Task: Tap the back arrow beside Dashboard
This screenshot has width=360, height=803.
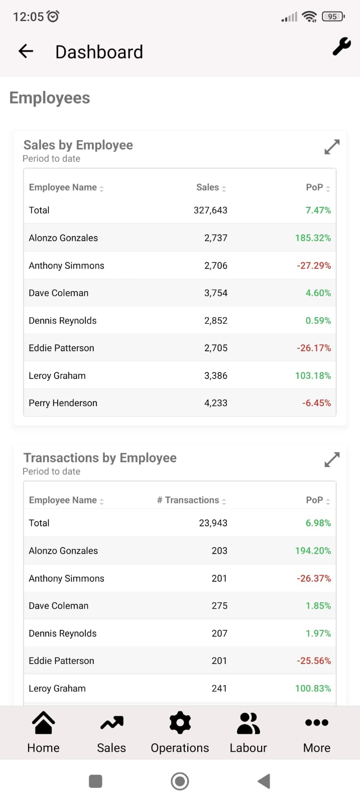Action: coord(26,51)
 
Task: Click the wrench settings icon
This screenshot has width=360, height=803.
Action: coord(341,47)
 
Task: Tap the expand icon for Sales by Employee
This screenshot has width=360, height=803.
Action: coord(332,147)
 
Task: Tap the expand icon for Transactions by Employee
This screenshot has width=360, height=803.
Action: coord(332,460)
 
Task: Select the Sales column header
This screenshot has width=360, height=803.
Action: coord(207,187)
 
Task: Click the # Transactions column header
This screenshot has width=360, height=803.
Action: coord(188,500)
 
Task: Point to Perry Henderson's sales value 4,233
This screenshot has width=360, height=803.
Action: coord(216,403)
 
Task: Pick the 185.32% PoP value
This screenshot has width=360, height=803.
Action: coord(313,238)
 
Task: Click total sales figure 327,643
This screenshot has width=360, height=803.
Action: coord(210,210)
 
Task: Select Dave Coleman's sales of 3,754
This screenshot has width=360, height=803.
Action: coord(216,293)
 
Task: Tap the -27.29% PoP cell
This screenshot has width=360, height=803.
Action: coord(314,265)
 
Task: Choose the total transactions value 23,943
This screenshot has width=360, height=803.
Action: coord(213,523)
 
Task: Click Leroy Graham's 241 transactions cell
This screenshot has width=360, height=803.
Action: coord(219,688)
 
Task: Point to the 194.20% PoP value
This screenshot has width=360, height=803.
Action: coord(313,551)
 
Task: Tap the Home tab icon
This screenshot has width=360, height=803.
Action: coord(43,722)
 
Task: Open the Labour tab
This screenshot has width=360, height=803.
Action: coord(249,733)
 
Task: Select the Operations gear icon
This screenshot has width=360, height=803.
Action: coord(180,722)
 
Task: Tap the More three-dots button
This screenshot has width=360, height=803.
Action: coord(317,722)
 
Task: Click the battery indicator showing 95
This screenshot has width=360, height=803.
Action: coord(333,17)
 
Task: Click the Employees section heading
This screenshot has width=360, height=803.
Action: coord(50,98)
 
